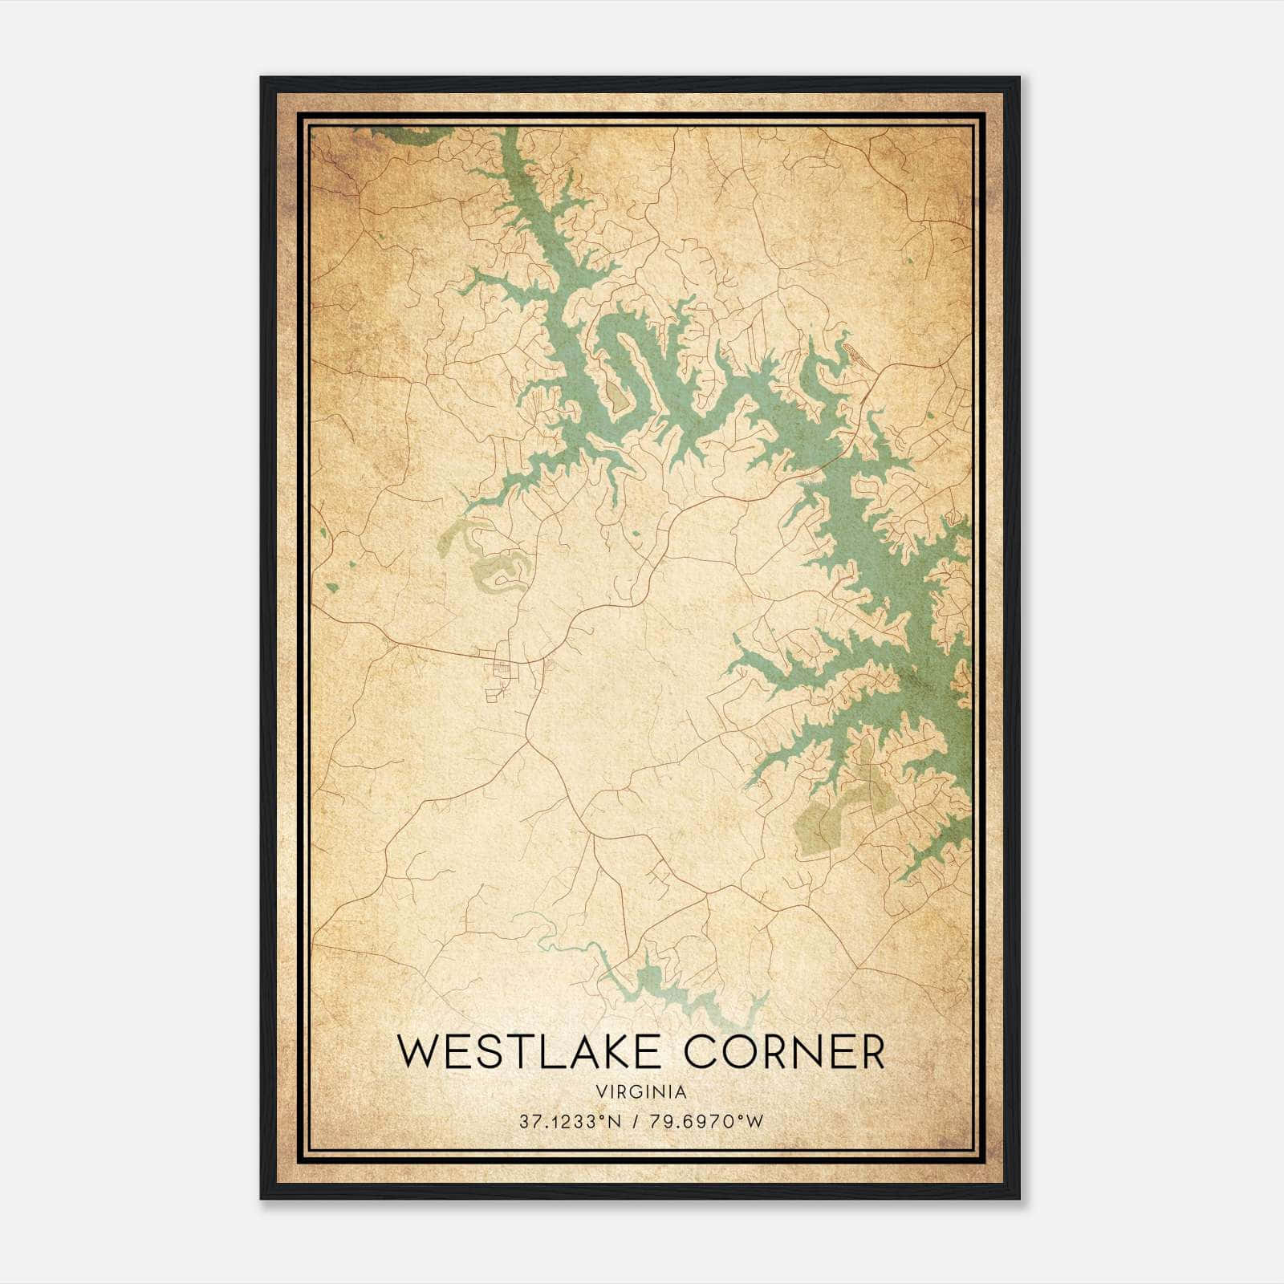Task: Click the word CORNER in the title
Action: click(775, 1052)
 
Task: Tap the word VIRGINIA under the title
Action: click(641, 1092)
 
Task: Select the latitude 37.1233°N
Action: click(571, 1122)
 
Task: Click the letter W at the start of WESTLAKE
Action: click(418, 1052)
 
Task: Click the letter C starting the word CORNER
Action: click(682, 1052)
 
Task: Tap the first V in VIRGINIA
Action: click(601, 1092)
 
